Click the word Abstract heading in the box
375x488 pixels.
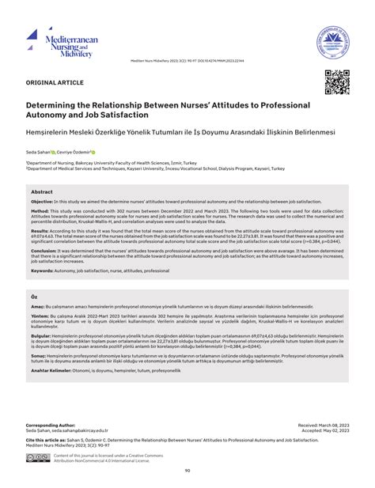42,191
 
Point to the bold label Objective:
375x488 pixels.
47,201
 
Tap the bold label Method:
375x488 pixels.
42,212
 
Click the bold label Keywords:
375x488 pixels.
45,270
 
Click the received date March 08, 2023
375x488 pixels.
328,424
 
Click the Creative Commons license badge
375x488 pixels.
37,458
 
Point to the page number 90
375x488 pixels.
187,471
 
